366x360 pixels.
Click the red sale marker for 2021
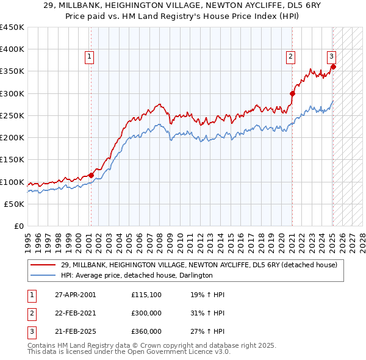tap(292, 93)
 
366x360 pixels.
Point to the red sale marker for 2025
tap(333, 67)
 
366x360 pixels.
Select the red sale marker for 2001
tap(91, 175)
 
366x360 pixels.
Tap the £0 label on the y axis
tap(19, 226)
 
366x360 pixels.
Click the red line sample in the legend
tap(43, 265)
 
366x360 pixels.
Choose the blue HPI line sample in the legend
tap(43, 275)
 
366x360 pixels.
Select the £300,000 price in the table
tap(146, 313)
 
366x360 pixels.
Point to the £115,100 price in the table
tap(146, 295)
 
